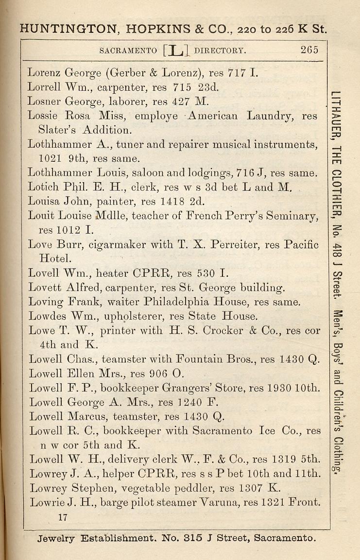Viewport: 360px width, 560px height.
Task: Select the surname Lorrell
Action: click(43, 88)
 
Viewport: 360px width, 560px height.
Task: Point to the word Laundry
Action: click(270, 116)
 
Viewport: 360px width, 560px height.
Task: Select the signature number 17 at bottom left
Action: click(62, 517)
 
